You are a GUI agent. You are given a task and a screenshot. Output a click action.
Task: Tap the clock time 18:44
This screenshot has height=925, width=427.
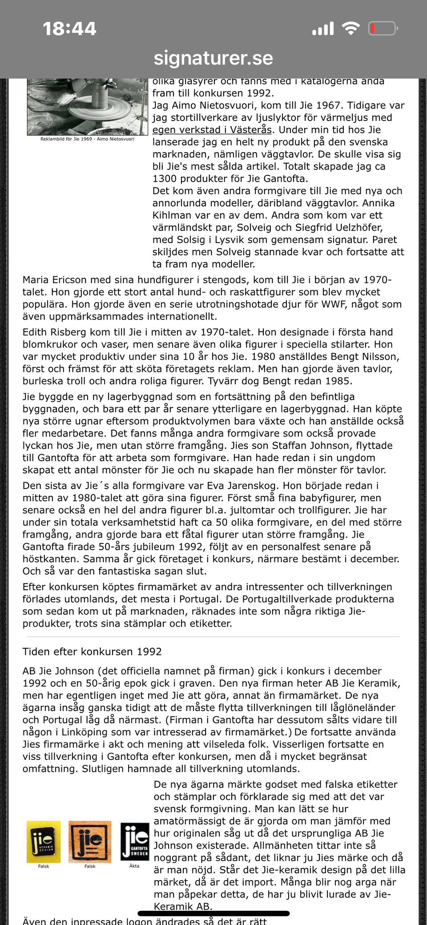tap(69, 29)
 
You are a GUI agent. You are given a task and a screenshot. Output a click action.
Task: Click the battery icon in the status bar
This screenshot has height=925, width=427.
tap(382, 29)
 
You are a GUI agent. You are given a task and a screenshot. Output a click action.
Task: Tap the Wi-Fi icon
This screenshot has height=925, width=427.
tap(350, 29)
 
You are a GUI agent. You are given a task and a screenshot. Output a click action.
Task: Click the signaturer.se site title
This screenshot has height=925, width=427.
tap(213, 58)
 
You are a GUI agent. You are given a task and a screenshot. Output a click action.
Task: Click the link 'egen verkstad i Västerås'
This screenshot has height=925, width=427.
tap(212, 130)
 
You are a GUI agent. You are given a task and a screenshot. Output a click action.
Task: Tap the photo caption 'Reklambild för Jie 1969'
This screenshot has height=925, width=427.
tap(87, 139)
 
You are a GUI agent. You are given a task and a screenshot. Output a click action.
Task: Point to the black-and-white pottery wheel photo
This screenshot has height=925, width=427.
tap(87, 107)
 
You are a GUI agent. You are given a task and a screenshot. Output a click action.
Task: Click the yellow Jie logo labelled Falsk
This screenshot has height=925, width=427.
tap(44, 842)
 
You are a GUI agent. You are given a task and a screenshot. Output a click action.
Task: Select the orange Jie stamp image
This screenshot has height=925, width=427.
tap(90, 842)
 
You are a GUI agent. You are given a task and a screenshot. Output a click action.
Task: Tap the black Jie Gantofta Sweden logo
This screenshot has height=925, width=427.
tap(135, 842)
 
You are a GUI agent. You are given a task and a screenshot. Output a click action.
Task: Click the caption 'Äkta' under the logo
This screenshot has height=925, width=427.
tap(134, 866)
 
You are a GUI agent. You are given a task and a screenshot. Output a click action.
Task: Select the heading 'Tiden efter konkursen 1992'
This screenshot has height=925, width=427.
tap(92, 652)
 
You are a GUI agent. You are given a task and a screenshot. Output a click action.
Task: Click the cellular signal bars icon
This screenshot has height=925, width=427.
tap(323, 29)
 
